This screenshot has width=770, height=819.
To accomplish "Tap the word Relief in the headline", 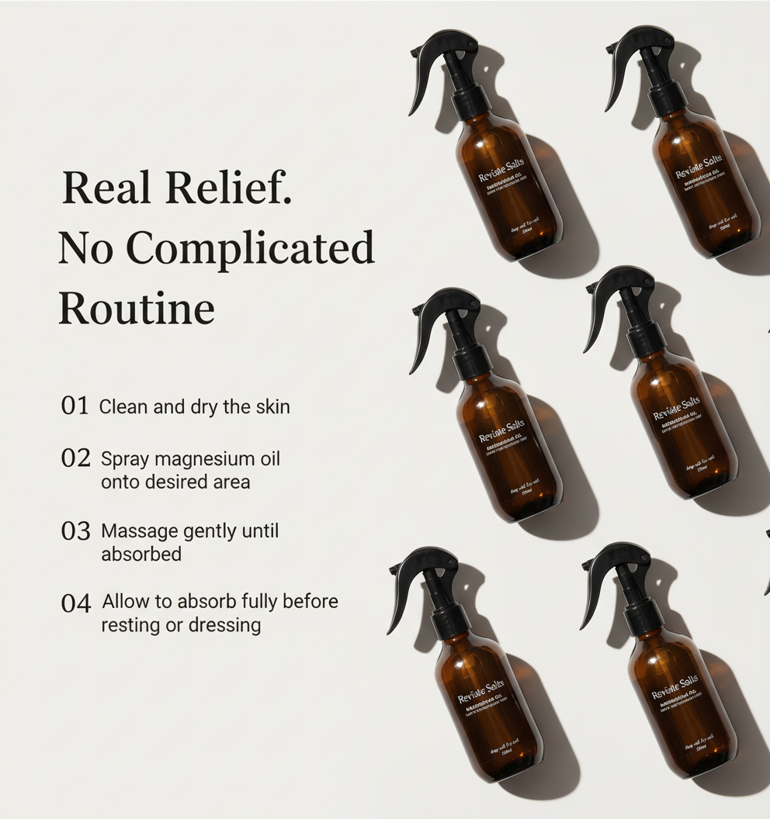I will pyautogui.click(x=228, y=188).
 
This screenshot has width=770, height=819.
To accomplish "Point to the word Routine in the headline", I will pyautogui.click(x=137, y=308).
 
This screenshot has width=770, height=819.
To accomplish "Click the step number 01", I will pyautogui.click(x=75, y=406).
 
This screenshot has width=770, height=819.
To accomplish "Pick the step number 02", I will pyautogui.click(x=76, y=458).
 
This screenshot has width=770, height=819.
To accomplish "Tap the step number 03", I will pyautogui.click(x=76, y=531).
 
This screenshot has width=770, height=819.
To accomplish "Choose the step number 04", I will pyautogui.click(x=76, y=603).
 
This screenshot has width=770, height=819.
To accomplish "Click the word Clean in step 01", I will pyautogui.click(x=123, y=406).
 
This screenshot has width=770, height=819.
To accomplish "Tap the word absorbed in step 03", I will pyautogui.click(x=141, y=554).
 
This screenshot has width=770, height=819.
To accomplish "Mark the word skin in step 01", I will pyautogui.click(x=272, y=406).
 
